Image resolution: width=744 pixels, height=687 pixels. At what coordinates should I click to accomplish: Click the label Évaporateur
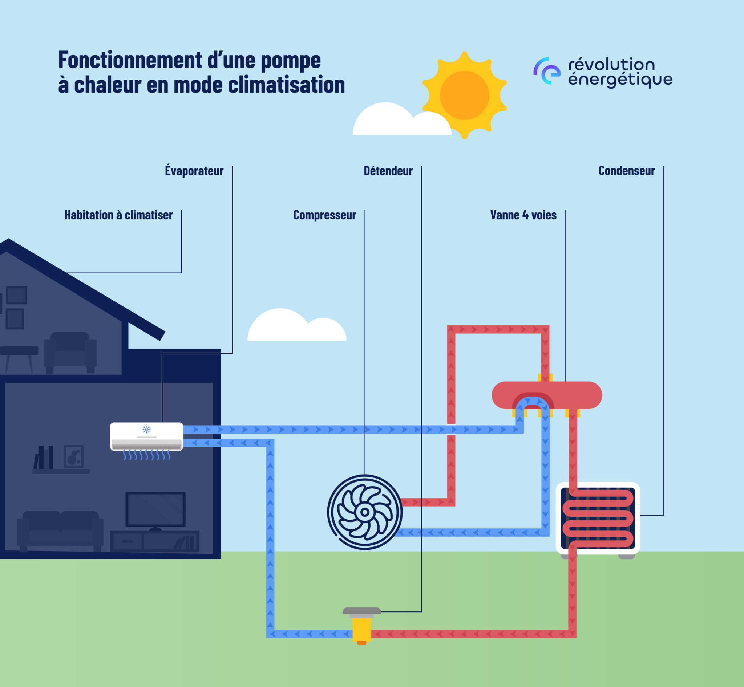point(194,171)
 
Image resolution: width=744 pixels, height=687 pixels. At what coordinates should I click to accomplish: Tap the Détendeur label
point(388,171)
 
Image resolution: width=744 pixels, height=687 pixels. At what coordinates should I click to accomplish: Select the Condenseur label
point(626,171)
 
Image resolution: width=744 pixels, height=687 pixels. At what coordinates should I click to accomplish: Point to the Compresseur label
point(324,215)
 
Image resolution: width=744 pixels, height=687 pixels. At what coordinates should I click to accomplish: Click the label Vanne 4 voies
point(523,215)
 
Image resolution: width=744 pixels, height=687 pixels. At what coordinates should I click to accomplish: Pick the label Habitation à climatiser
point(119,215)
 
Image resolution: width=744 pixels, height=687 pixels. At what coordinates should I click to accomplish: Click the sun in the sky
point(464,95)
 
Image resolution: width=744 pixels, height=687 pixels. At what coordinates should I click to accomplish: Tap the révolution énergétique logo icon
point(547,71)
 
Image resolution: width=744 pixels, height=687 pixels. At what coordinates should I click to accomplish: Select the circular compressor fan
point(365,512)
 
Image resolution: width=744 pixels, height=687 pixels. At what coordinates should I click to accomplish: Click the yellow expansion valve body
point(361,629)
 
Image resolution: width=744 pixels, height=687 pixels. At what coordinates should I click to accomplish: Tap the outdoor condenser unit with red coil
point(598,518)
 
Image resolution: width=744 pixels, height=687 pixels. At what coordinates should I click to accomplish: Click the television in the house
point(155,509)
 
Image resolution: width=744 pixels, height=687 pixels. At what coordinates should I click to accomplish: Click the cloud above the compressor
point(296,326)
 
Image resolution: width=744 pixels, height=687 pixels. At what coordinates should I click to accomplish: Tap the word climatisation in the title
point(286,85)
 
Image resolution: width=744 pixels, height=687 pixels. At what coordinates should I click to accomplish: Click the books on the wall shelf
point(44,458)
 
